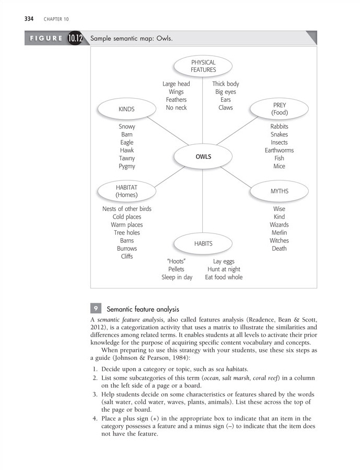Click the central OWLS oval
click(x=203, y=156)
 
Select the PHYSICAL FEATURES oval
click(x=203, y=66)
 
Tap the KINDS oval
click(x=127, y=109)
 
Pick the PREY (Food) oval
click(x=279, y=109)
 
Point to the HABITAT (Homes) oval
click(x=127, y=191)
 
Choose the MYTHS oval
click(x=279, y=191)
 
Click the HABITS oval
click(x=203, y=243)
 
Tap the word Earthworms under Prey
click(x=279, y=151)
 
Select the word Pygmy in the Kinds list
click(x=127, y=166)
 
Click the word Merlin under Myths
click(x=279, y=233)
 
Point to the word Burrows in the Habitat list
click(x=127, y=249)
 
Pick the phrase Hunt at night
click(x=224, y=269)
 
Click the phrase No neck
click(x=176, y=108)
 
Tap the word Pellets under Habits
click(x=176, y=269)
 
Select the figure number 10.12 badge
click(x=75, y=39)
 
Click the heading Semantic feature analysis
click(x=143, y=309)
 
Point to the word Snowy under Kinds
click(x=127, y=127)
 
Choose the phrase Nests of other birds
click(x=127, y=209)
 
